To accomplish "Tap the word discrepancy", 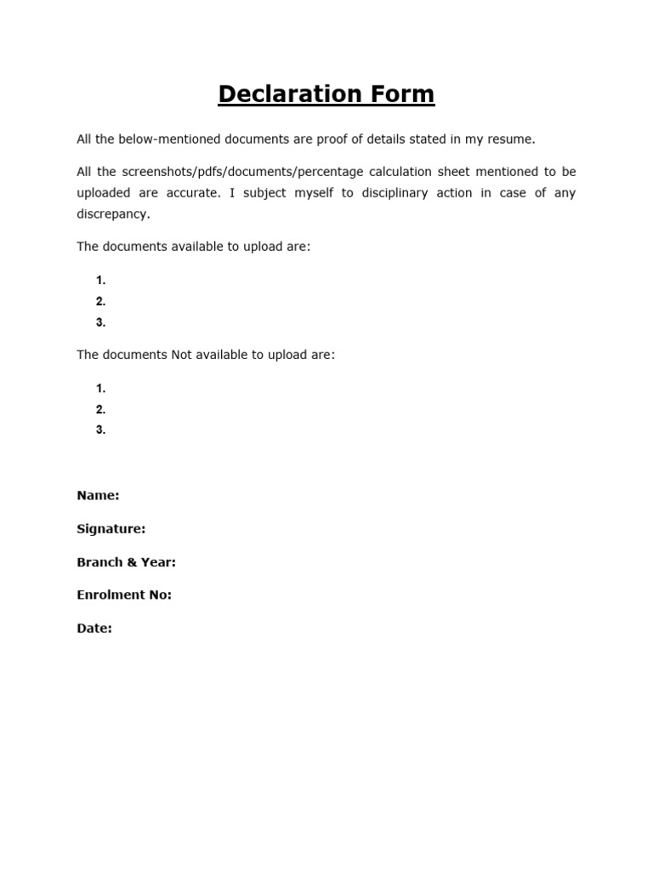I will point(112,214).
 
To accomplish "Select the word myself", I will point(314,193).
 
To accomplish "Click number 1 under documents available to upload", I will point(100,281).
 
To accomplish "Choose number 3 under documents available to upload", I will point(100,322).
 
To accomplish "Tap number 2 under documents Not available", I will point(100,409).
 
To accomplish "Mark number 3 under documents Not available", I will point(100,430).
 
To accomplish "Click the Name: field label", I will point(98,495).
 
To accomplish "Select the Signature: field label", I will point(111,529).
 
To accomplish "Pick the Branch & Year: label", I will point(126,562).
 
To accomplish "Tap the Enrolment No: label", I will point(124,595).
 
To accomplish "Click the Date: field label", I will point(94,629).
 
